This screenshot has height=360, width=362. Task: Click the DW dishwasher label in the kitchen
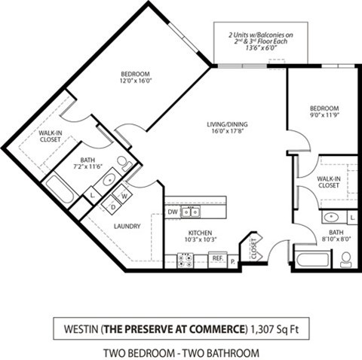173,212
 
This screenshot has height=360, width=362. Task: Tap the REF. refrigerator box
216,258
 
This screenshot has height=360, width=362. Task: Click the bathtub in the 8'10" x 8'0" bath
311,261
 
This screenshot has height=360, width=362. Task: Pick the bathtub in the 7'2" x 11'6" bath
58,189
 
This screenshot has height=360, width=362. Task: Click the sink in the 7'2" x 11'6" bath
109,180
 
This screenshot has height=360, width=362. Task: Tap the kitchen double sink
185,260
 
